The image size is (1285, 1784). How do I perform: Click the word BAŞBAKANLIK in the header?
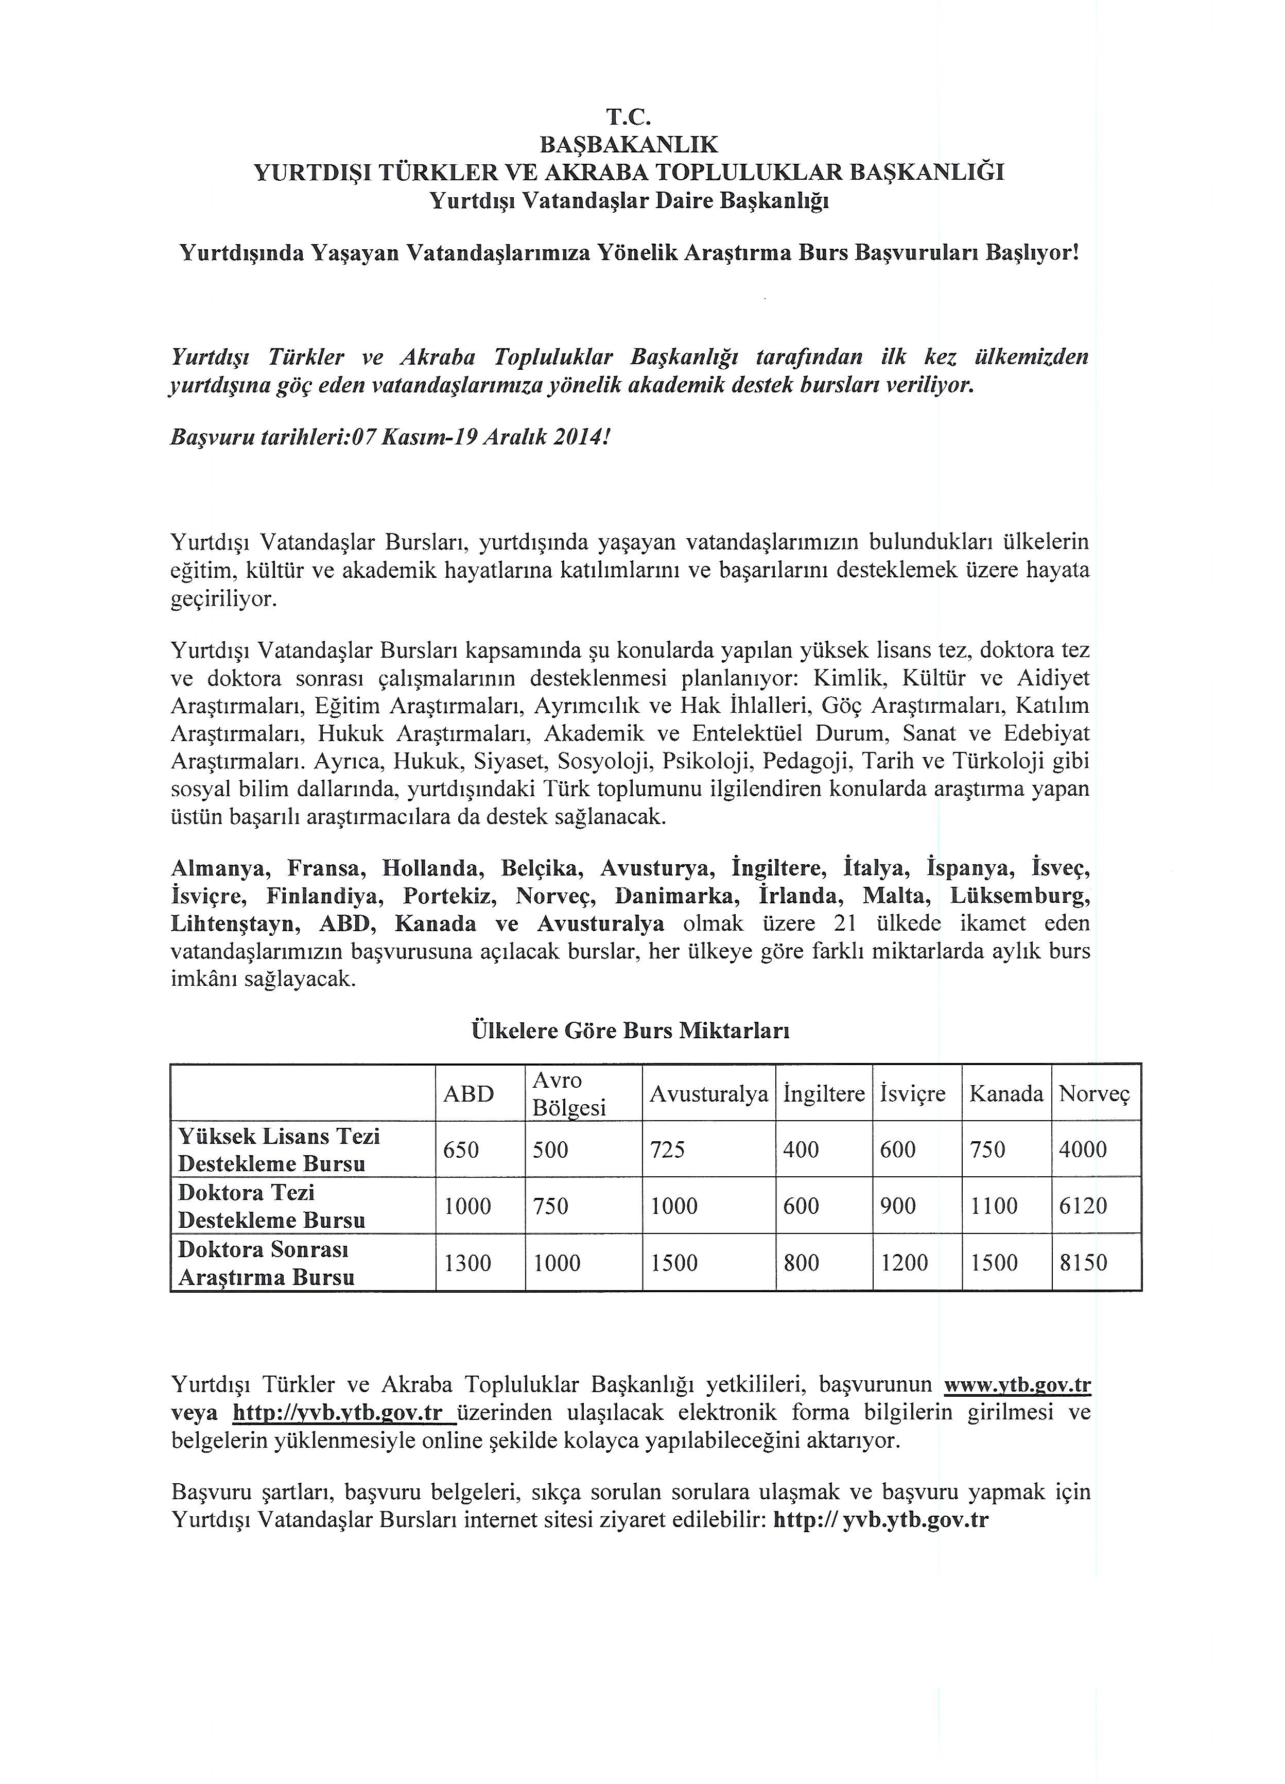pyautogui.click(x=629, y=144)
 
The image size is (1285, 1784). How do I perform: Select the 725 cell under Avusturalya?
pyautogui.click(x=668, y=1150)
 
